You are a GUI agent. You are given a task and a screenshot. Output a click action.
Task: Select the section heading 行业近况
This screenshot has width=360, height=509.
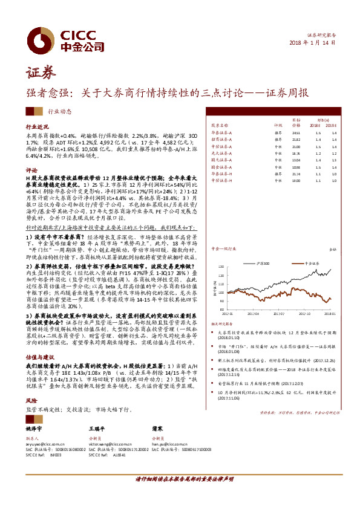[x=36, y=128]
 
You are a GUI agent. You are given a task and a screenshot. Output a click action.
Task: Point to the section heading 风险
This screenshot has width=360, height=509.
[x=31, y=400]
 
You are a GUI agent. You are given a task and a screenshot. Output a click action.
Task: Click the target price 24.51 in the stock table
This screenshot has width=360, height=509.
[x=296, y=132]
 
